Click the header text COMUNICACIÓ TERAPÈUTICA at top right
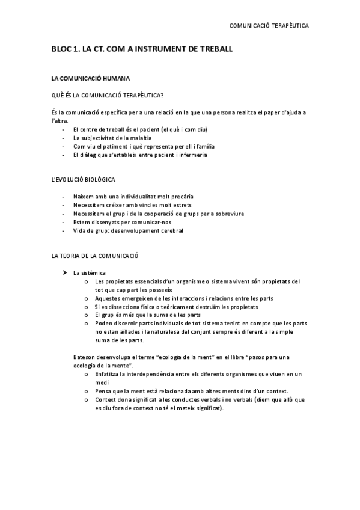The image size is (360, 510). pyautogui.click(x=269, y=26)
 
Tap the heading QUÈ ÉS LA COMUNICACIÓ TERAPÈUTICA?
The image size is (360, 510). pyautogui.click(x=108, y=95)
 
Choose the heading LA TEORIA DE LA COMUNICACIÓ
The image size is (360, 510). pyautogui.click(x=95, y=256)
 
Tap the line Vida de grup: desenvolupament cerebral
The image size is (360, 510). pyautogui.click(x=128, y=230)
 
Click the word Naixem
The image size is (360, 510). pyautogui.click(x=84, y=197)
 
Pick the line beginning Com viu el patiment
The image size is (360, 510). pyautogui.click(x=144, y=146)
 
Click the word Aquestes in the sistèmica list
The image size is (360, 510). pyautogui.click(x=109, y=298)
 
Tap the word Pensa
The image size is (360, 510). pyautogui.click(x=104, y=390)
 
